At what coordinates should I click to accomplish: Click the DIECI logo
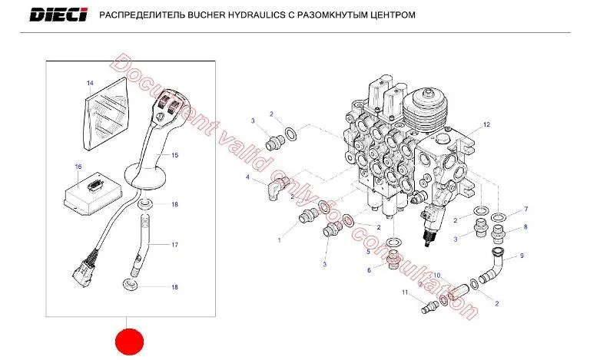coord(58,15)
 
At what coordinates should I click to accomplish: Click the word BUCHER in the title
coord(206,15)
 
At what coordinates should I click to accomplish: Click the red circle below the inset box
coord(129,342)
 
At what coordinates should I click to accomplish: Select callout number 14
coord(90,83)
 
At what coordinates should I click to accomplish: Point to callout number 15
coord(174,155)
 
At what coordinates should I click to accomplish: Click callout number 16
coord(78,167)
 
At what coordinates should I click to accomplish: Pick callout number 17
coord(174,245)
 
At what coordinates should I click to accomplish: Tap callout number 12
coord(486,124)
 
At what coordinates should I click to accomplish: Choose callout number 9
coord(522,256)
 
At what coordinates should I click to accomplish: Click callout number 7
coord(526,209)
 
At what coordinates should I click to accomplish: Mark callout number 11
coord(405,292)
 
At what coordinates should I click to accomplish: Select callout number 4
coord(247,177)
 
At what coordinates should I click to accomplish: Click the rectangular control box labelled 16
coord(93,194)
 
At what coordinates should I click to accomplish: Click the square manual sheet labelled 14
coord(107,113)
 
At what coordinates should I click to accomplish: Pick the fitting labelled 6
coord(393,260)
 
